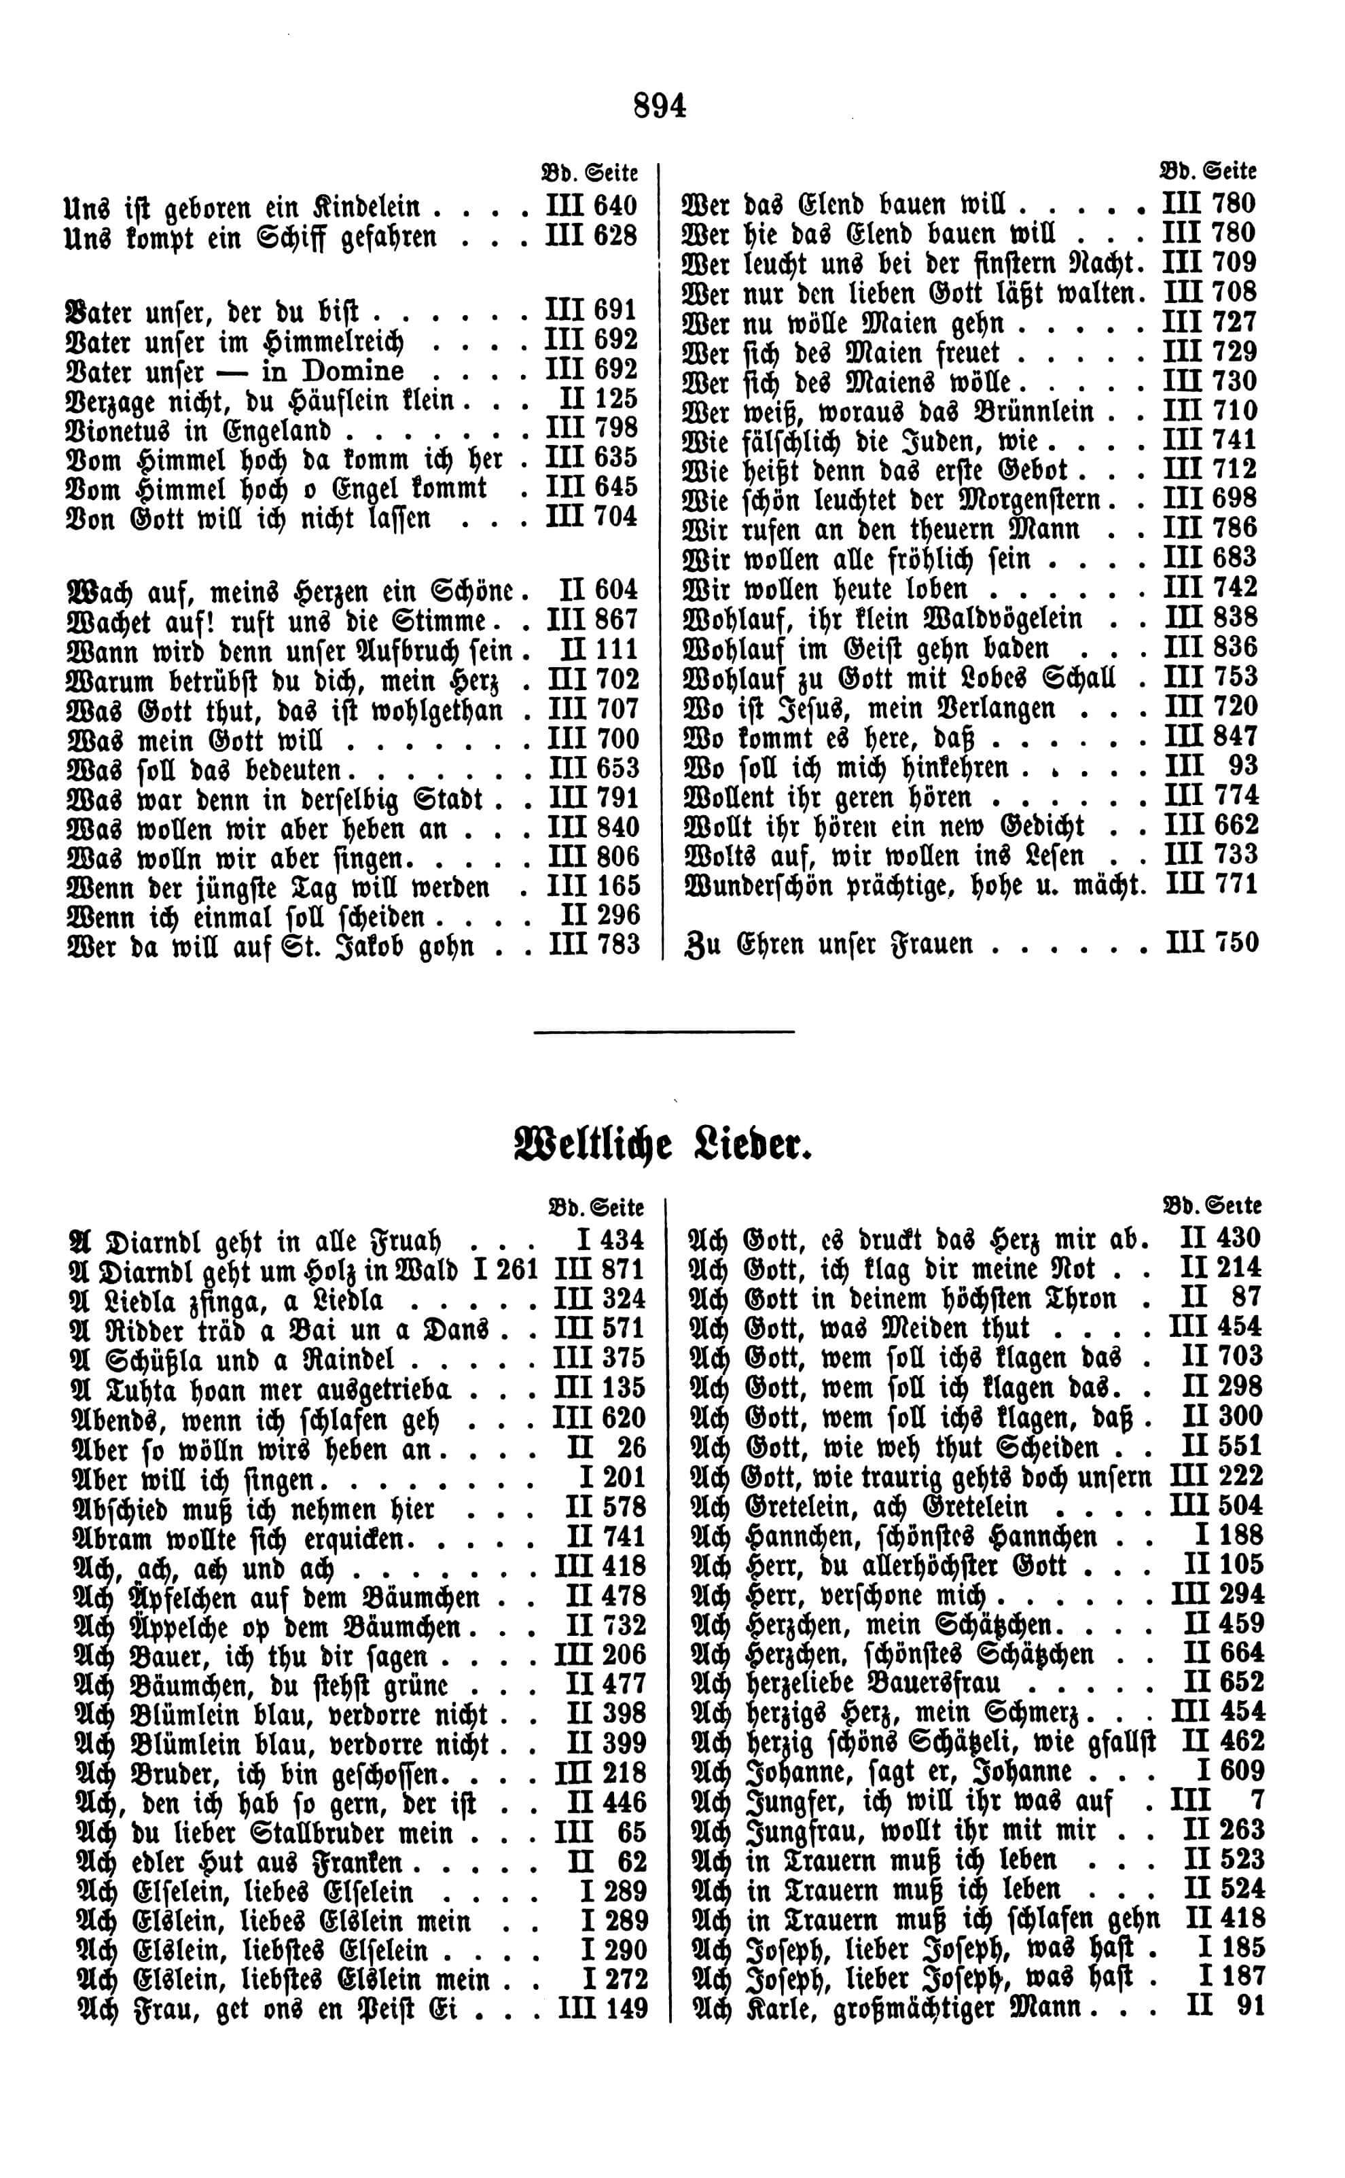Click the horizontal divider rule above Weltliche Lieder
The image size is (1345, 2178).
point(663,1032)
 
